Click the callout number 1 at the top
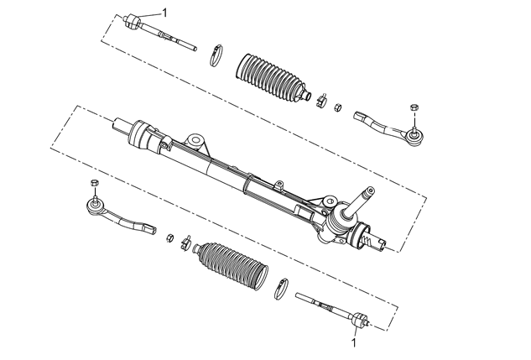[164, 13]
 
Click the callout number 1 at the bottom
[354, 342]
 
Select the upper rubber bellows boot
[271, 77]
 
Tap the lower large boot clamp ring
[281, 289]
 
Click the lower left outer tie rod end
[118, 216]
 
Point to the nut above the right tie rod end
[414, 107]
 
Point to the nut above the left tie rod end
[95, 183]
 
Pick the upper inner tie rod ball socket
[132, 21]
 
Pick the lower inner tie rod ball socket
[360, 320]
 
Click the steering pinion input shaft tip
[370, 190]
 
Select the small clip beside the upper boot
[321, 100]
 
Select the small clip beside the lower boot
[185, 243]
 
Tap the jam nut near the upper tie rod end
[337, 107]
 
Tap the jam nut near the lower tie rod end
[170, 237]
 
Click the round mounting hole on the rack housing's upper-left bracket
[195, 139]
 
